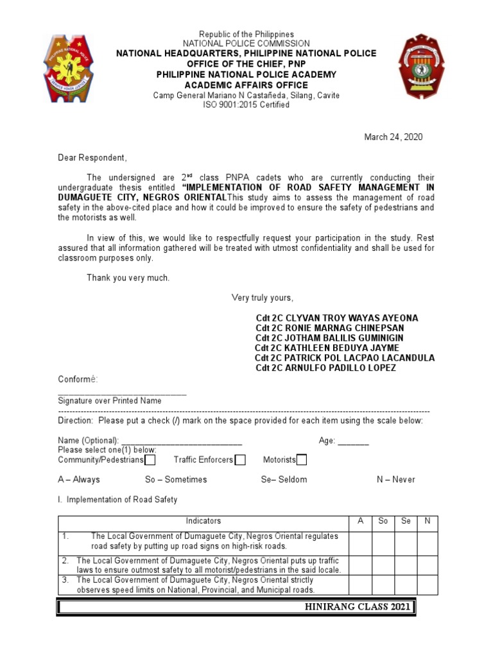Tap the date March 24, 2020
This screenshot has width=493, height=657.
click(x=394, y=137)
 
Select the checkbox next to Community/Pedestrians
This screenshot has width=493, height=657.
click(x=150, y=460)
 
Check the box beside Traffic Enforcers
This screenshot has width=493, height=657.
click(x=240, y=460)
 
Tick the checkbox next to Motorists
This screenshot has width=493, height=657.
click(x=302, y=460)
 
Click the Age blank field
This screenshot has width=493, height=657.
click(x=353, y=441)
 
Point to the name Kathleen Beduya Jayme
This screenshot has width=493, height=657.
click(x=327, y=348)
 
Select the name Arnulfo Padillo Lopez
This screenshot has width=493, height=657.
click(x=326, y=368)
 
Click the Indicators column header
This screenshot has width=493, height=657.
click(x=203, y=521)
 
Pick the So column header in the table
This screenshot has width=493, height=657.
click(x=383, y=521)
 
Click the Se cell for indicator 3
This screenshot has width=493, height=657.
click(x=406, y=584)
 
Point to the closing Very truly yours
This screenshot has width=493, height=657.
click(x=262, y=298)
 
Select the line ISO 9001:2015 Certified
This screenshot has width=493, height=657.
click(x=246, y=105)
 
